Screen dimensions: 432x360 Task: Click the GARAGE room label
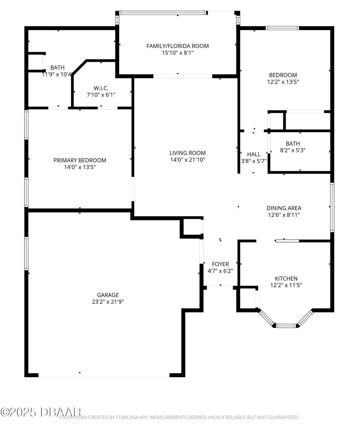click(108, 295)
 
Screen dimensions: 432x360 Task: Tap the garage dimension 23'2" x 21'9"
click(108, 302)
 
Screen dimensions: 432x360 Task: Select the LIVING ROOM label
click(187, 153)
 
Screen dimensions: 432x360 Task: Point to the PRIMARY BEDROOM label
click(80, 160)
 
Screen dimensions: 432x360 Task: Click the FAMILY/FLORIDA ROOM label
click(177, 46)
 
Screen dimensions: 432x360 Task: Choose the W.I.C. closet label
click(101, 88)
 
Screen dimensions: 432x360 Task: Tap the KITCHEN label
click(286, 278)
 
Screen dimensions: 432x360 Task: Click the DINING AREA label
click(284, 208)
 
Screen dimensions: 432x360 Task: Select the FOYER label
click(220, 264)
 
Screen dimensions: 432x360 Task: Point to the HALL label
click(254, 154)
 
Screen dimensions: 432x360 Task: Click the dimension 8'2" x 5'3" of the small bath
click(293, 150)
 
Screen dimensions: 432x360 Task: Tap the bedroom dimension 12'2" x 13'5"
click(283, 82)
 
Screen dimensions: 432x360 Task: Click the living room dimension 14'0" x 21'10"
click(187, 160)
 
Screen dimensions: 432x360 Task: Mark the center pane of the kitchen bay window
click(286, 326)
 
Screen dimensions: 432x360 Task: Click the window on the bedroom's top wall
click(282, 28)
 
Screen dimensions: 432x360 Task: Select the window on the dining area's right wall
click(332, 207)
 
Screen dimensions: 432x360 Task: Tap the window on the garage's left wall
click(26, 253)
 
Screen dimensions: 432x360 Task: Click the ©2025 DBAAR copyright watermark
click(40, 412)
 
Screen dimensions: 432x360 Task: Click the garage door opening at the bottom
click(104, 375)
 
